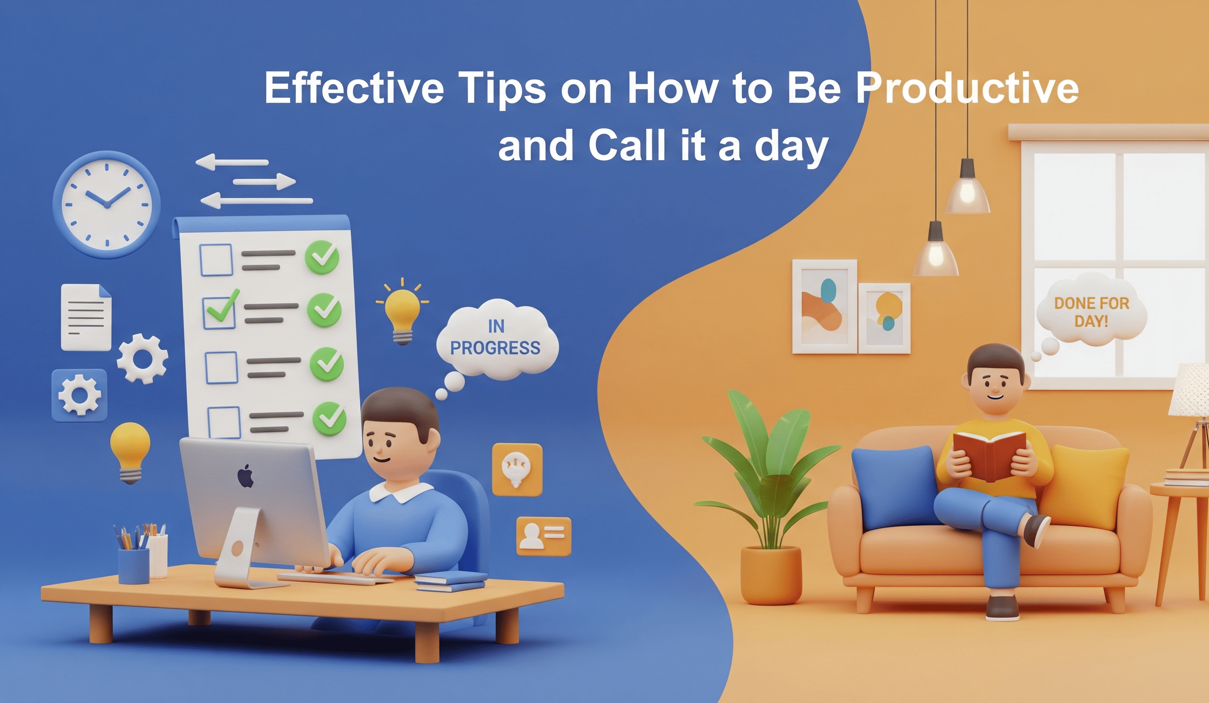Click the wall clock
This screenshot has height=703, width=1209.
[106, 205]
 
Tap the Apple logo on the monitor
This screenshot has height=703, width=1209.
[246, 476]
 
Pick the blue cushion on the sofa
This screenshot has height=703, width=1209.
[895, 486]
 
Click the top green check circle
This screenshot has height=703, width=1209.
[322, 257]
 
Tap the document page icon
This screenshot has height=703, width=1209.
[86, 317]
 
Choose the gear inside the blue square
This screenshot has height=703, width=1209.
[80, 395]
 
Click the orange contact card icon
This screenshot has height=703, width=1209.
[543, 536]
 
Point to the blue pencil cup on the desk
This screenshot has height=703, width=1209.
[134, 566]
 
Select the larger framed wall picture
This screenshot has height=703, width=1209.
[824, 307]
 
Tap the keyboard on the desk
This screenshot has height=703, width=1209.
[336, 578]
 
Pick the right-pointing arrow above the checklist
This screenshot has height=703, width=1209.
[264, 181]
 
